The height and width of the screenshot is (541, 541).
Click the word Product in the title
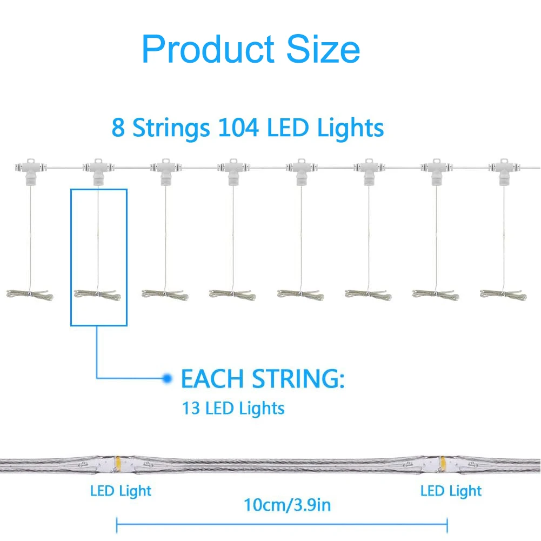click(x=209, y=49)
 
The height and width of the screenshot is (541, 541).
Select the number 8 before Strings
click(x=118, y=128)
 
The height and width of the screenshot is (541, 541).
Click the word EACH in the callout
click(x=211, y=378)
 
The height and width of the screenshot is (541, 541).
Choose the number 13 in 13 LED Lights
click(x=191, y=408)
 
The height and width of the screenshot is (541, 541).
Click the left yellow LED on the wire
click(x=117, y=463)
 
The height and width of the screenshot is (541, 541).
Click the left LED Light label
click(x=121, y=491)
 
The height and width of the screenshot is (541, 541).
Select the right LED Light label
click(x=451, y=491)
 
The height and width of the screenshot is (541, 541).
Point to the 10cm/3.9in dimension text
click(x=287, y=505)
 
